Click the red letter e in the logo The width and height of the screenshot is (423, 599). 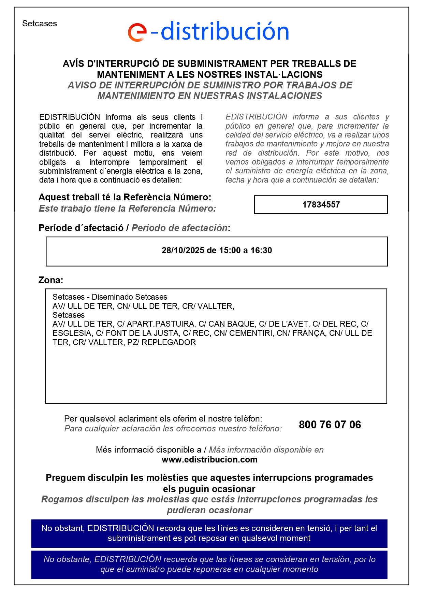(137, 32)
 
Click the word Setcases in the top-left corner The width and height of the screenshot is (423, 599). (40, 24)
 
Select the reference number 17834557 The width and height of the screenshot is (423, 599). (321, 205)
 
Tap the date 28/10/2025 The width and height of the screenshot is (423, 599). (183, 251)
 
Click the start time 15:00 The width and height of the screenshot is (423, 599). (230, 251)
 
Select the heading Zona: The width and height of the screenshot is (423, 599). (51, 280)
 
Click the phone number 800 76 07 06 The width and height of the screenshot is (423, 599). (330, 425)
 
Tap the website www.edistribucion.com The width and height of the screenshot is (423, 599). (209, 460)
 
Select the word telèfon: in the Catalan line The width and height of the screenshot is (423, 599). (248, 419)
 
